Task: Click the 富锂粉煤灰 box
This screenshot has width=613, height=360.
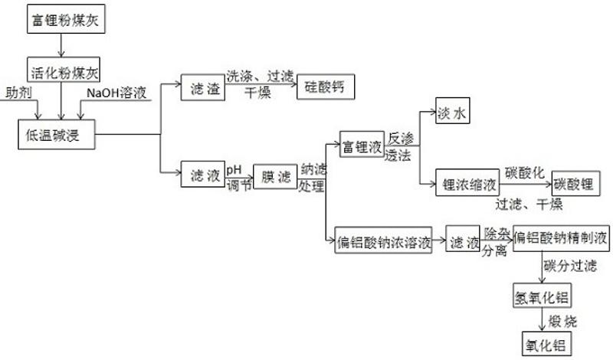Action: pyautogui.click(x=64, y=19)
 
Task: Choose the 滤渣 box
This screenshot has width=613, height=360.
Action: pyautogui.click(x=202, y=90)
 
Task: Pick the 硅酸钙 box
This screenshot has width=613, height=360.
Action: pyautogui.click(x=326, y=88)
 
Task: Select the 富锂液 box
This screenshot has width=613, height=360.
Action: pyautogui.click(x=361, y=147)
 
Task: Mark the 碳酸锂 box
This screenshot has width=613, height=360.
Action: pyautogui.click(x=575, y=185)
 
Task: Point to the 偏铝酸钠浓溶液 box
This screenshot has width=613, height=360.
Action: pyautogui.click(x=384, y=242)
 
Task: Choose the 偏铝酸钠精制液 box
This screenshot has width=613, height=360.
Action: pyautogui.click(x=561, y=239)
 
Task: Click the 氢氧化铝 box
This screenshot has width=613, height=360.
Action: pyautogui.click(x=543, y=296)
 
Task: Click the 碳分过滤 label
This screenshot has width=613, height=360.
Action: pyautogui.click(x=570, y=266)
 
